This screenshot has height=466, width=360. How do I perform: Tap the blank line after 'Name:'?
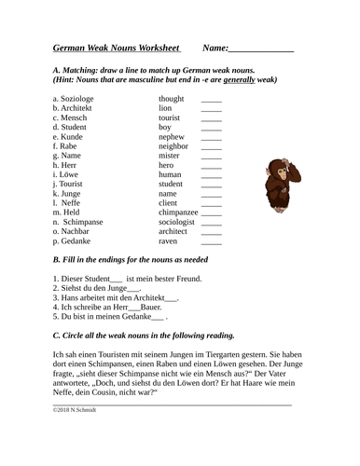[261, 48]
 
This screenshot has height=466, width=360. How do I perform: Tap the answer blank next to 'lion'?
[212, 108]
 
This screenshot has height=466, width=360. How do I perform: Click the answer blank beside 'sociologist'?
[212, 223]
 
